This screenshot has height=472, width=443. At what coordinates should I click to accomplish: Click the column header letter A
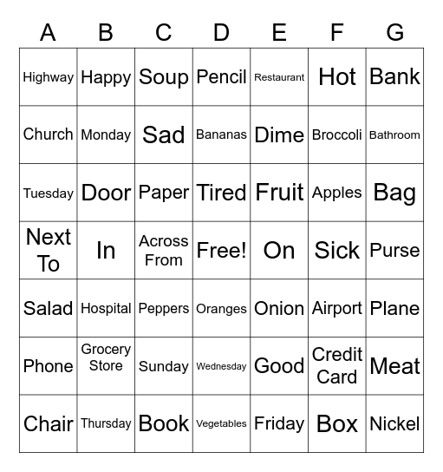(x=48, y=33)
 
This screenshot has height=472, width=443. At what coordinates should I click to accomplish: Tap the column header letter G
(x=394, y=33)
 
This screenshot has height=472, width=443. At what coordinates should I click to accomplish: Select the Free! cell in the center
(x=221, y=251)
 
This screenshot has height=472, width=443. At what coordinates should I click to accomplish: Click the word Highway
(x=48, y=77)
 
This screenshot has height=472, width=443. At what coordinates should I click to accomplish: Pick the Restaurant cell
(x=279, y=77)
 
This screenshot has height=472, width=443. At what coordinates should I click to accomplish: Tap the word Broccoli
(x=336, y=135)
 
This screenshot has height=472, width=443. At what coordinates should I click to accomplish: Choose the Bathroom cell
(x=394, y=135)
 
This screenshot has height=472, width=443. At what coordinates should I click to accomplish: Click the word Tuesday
(x=48, y=193)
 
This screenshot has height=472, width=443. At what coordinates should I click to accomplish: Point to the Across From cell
(x=163, y=251)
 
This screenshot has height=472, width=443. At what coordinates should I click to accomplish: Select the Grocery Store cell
(x=106, y=357)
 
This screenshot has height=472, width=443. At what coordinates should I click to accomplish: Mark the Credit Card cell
(x=336, y=366)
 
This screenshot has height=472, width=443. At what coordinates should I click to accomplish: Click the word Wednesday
(x=221, y=367)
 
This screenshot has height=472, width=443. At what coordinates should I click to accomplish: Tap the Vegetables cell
(x=221, y=424)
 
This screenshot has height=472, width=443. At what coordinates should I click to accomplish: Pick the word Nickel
(x=394, y=424)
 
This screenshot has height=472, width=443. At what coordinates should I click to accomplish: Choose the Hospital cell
(x=106, y=309)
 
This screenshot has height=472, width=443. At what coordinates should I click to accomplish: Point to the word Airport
(x=336, y=309)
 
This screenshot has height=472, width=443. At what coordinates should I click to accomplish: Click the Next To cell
(x=48, y=251)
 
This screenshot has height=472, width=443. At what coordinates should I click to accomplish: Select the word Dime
(x=279, y=135)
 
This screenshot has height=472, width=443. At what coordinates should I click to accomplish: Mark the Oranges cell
(x=221, y=309)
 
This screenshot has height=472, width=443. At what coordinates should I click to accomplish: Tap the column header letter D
(x=221, y=33)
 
